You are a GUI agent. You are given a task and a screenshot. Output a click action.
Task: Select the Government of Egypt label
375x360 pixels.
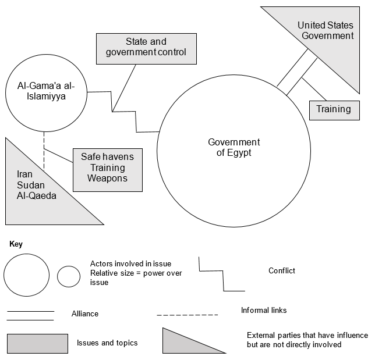(x=234, y=148)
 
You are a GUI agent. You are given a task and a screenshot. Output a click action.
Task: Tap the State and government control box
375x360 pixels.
(x=146, y=47)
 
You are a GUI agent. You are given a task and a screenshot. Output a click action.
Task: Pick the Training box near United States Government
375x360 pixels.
(x=334, y=109)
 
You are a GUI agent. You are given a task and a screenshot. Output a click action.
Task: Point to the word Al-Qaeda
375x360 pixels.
(x=37, y=196)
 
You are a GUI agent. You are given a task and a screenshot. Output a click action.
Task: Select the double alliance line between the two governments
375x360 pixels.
(x=298, y=73)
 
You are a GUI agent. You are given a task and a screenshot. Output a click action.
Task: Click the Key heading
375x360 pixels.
(x=16, y=244)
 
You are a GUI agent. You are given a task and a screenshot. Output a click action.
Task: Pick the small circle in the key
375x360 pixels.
(x=69, y=276)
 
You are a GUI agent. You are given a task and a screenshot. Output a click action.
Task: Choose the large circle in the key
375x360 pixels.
(x=27, y=275)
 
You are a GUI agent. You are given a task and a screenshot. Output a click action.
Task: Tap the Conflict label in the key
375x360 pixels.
(x=282, y=270)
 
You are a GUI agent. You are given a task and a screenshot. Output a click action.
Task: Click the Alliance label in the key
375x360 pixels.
(x=85, y=313)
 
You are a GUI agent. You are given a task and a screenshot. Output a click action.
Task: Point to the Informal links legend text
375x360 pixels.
(x=264, y=310)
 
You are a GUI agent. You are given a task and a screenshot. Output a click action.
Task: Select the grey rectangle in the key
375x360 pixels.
(x=37, y=343)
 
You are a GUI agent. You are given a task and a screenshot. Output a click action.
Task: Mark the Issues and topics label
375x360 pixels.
(x=107, y=343)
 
